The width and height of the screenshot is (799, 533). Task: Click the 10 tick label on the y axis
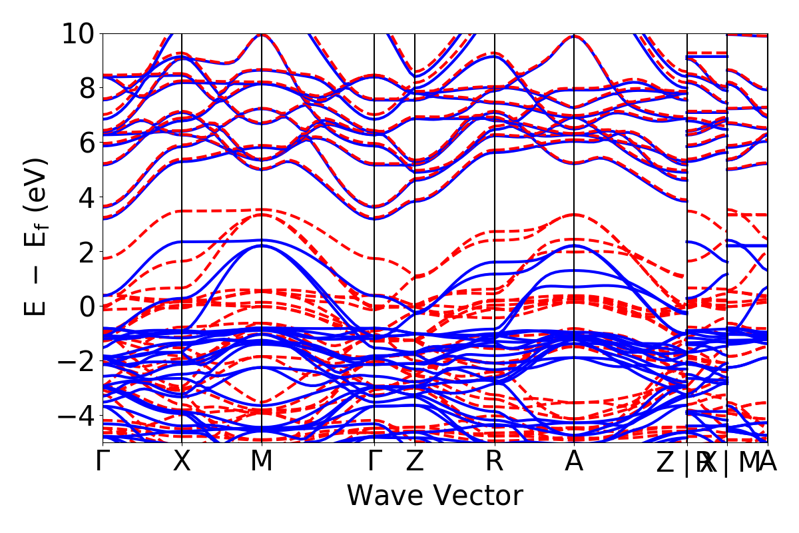point(78,33)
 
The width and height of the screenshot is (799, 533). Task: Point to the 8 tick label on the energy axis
point(86,88)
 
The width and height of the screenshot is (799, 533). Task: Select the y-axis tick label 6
point(86,143)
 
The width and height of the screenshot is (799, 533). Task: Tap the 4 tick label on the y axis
point(86,197)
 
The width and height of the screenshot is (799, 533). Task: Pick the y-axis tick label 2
point(86,252)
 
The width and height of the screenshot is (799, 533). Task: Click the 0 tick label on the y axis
point(86,306)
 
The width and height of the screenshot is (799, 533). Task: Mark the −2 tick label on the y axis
point(75,361)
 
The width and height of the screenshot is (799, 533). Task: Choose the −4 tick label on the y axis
point(75,416)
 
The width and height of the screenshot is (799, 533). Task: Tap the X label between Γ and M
point(182,462)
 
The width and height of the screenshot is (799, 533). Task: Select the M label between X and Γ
point(261,462)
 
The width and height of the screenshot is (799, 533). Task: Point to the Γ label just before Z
point(374,462)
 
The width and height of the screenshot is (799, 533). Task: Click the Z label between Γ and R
point(415,462)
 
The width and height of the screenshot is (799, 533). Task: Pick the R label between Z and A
point(494,462)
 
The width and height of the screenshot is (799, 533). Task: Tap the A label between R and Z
point(574,462)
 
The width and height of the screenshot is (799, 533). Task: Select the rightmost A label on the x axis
point(768,462)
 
